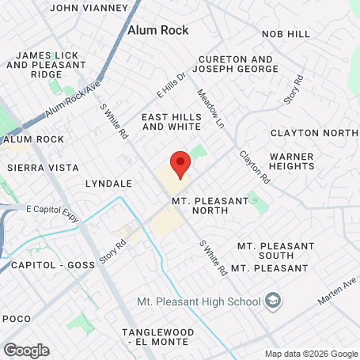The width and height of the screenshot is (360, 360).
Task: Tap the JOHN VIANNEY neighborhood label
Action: click(89, 8)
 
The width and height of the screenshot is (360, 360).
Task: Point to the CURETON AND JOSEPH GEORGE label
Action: click(238, 64)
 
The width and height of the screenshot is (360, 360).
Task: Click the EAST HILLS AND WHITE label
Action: click(171, 121)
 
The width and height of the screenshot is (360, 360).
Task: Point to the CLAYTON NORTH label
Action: click(314, 133)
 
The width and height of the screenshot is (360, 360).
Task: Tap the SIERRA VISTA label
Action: click(43, 168)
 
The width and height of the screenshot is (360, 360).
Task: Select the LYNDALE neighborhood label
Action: click(108, 183)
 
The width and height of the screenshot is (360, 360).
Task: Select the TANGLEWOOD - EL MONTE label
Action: click(156, 336)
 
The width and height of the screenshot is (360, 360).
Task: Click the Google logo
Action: click(26, 350)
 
